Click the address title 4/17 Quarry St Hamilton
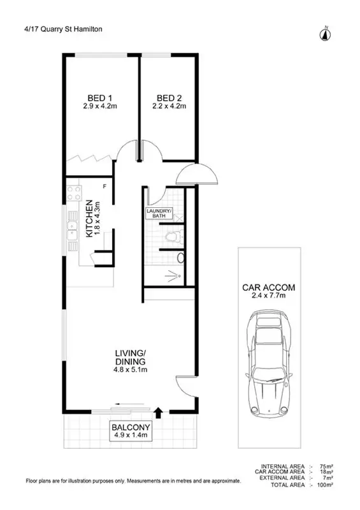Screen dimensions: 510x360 point(54,29)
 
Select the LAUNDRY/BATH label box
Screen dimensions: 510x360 point(159,214)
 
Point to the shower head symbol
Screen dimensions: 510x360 point(173,275)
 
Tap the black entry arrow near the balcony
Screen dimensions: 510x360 point(159,412)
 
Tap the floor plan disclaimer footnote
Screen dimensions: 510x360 point(133,481)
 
